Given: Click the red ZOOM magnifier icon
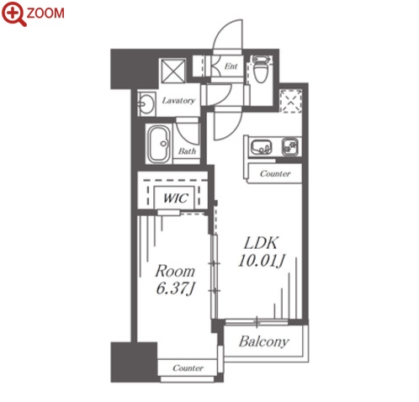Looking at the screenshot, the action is tap(13, 13).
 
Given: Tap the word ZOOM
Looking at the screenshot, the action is tap(45, 13).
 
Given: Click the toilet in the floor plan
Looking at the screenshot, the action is tap(260, 69).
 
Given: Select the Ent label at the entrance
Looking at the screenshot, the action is tap(231, 66).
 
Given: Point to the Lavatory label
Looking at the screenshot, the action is tap(178, 100).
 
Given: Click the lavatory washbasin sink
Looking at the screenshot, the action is tap(146, 104).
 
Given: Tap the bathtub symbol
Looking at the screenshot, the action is tap(159, 144).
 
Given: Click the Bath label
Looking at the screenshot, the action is tap(187, 151).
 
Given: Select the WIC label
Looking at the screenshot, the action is tap(175, 198).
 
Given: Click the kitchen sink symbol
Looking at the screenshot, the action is tap(261, 147).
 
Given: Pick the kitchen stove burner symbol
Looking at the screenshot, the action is tap(290, 146).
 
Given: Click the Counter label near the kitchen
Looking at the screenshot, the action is tap(275, 174).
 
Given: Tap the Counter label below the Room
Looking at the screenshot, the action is tap(188, 368).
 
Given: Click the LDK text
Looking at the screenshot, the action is tap(261, 243).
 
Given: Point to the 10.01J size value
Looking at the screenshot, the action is tap(262, 261).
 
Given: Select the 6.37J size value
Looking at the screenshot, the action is tap(175, 288).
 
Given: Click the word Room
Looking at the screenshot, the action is tap(175, 271).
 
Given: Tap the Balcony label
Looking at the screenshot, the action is tap(264, 341).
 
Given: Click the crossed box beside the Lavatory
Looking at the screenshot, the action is tap(172, 71).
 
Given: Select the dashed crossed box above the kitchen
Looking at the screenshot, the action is tap(291, 101).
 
